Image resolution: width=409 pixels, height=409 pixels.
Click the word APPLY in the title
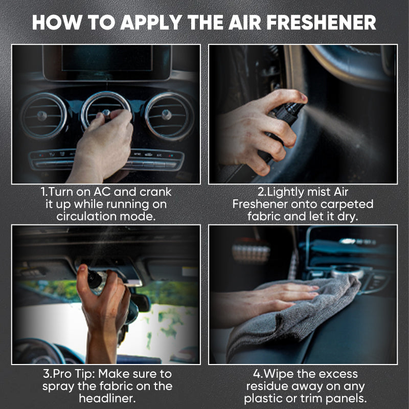(149, 22)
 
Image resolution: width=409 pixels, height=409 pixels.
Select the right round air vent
(169, 115)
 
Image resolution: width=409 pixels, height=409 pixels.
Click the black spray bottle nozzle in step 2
(294, 109)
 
